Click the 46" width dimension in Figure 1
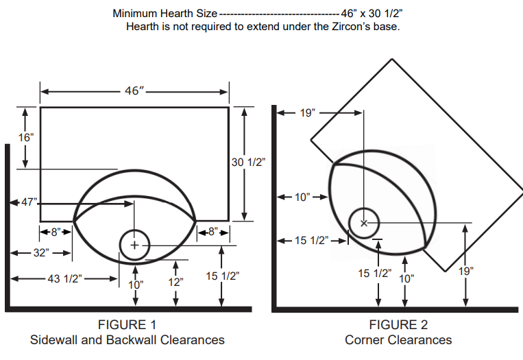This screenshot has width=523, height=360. pyautogui.click(x=133, y=91)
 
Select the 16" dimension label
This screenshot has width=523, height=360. pyautogui.click(x=25, y=137)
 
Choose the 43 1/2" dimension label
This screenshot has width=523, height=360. pyautogui.click(x=64, y=278)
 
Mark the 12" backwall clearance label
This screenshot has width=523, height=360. pyautogui.click(x=176, y=282)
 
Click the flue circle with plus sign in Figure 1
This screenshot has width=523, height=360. pyautogui.click(x=135, y=245)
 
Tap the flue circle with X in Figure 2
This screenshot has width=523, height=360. pyautogui.click(x=364, y=223)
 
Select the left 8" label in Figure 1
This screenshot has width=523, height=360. pyautogui.click(x=56, y=232)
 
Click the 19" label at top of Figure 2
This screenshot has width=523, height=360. pyautogui.click(x=308, y=112)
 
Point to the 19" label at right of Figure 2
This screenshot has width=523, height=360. pyautogui.click(x=465, y=271)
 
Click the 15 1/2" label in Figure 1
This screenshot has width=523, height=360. pyautogui.click(x=221, y=276)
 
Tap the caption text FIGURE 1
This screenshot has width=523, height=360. pyautogui.click(x=127, y=324)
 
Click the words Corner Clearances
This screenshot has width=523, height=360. pyautogui.click(x=398, y=339)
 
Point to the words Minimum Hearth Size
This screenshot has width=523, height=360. pyautogui.click(x=165, y=13)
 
